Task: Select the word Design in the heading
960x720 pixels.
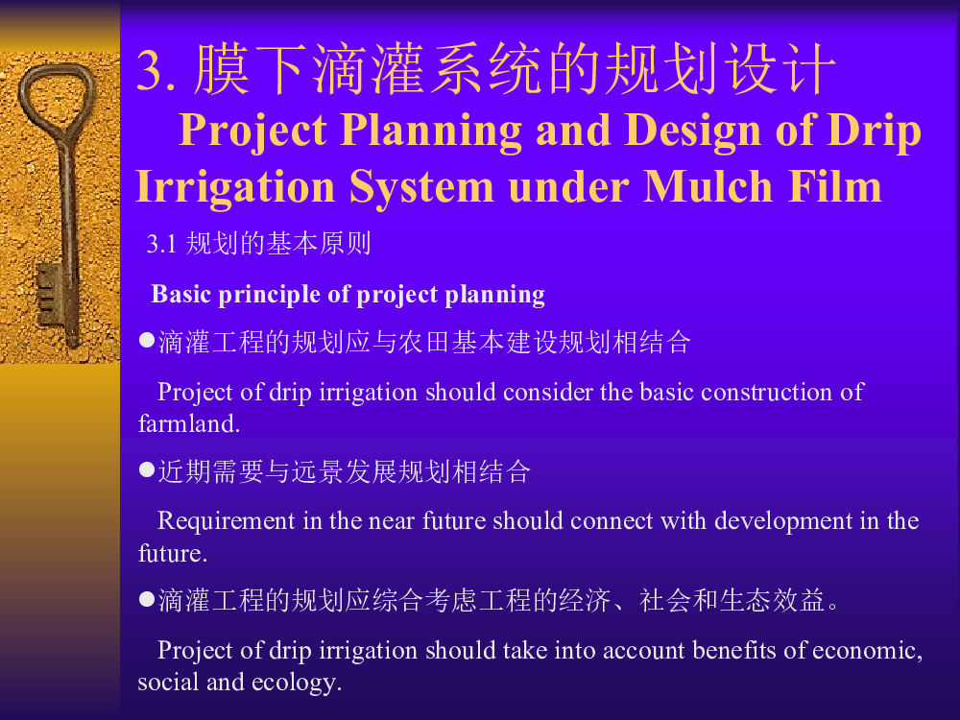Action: [693, 131]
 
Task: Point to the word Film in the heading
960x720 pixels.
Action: [835, 186]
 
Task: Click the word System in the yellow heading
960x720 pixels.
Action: [421, 187]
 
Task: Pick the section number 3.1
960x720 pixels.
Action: [161, 244]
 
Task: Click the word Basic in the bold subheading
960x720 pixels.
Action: [181, 294]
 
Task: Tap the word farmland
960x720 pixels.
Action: [188, 423]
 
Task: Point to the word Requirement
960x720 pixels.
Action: [227, 521]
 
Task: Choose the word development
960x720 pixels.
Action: [783, 521]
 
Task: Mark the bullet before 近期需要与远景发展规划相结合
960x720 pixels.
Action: [147, 470]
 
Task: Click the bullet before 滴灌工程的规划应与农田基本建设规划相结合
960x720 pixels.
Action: [147, 341]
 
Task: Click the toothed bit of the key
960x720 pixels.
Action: [49, 294]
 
